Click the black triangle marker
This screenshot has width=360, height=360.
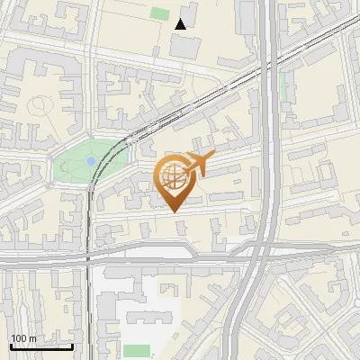(x=182, y=23)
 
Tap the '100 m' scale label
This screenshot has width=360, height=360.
(x=23, y=337)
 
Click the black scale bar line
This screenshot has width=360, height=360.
(x=41, y=346)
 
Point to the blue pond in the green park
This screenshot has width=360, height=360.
(x=91, y=161)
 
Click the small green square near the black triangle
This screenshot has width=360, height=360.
(x=160, y=13)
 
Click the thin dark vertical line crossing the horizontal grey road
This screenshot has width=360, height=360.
(x=88, y=259)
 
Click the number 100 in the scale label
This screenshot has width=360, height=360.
(x=19, y=337)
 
